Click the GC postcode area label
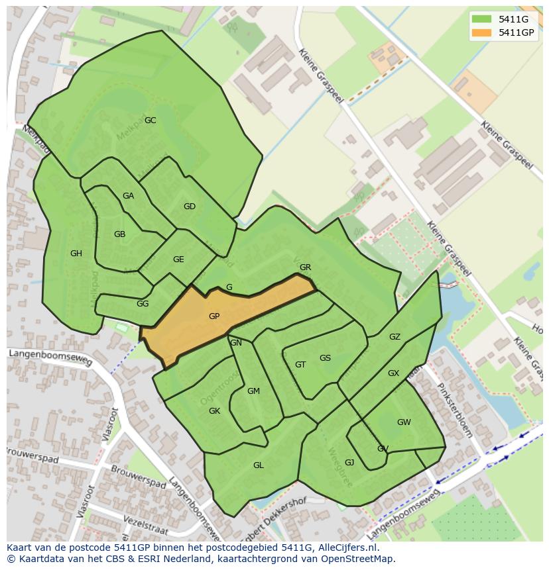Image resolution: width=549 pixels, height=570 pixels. pos(151,120)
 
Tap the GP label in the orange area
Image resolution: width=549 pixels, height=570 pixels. pos(214,316)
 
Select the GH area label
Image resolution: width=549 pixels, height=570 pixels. pos(76,254)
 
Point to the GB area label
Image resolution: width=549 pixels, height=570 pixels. pos(119,234)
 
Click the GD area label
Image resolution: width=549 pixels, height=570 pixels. pos(190,207)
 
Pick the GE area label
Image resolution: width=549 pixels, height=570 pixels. pos(178,260)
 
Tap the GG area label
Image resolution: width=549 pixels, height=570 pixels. pos(143,304)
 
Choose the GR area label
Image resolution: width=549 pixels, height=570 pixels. pos(305,267)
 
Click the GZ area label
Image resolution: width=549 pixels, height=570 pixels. pos(395,337)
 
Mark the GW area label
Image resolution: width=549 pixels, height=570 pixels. pos(404,422)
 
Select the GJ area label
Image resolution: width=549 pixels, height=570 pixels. pos(349,463)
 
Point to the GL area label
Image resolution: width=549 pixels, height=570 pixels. pos(259,465)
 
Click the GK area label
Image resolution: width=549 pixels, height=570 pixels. pos(214,411)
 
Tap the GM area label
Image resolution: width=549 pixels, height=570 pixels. pos(253,391)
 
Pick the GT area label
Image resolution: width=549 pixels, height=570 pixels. pos(300,365)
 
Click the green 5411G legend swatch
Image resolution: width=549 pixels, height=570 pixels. pos(482,19)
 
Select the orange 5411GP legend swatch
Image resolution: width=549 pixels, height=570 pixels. pos(482,32)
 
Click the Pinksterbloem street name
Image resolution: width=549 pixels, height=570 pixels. pos(456,410)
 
